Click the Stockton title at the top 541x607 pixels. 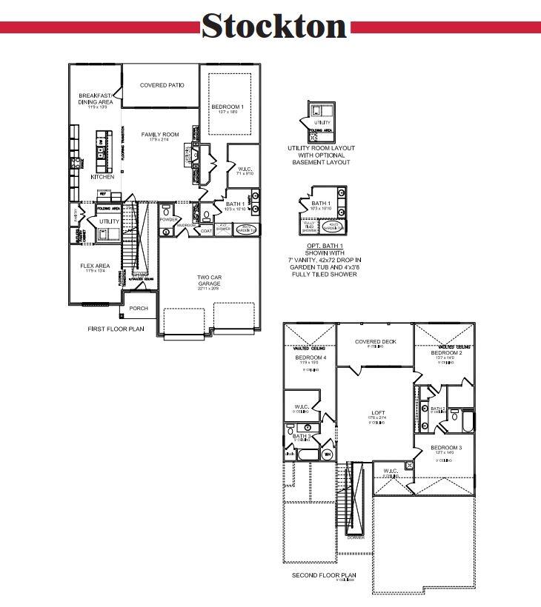pos(273,26)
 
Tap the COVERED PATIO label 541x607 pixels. pos(162,85)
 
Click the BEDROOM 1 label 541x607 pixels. pos(227,107)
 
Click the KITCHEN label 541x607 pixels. pos(102,178)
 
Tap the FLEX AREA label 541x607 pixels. pos(95,266)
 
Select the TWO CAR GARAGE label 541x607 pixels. pos(209,279)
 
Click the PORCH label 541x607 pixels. pos(139,308)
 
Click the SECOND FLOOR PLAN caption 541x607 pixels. pos(324,575)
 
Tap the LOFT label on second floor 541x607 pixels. pos(378,412)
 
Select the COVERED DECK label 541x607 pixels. pos(375,342)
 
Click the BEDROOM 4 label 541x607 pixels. pos(310,358)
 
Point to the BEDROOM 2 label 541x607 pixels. pos(447,353)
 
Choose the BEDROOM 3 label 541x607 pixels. pos(446,448)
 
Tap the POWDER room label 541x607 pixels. pos(168,220)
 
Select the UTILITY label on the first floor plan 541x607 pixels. pos(109,221)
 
